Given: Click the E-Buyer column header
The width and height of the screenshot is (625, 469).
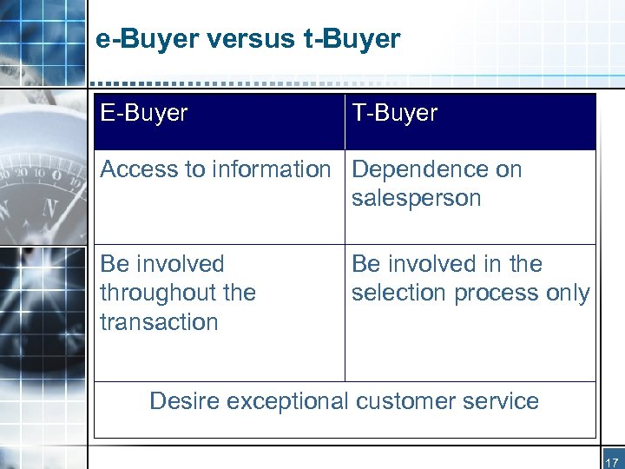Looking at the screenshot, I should pos(144,114).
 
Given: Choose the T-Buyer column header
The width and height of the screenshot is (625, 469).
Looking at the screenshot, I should pos(395,114).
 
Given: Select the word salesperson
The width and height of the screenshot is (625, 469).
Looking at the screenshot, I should pos(416,198).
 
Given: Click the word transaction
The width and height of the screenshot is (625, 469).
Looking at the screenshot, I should pos(159,321).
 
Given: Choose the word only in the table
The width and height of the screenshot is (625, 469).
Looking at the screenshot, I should pos(569,294).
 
